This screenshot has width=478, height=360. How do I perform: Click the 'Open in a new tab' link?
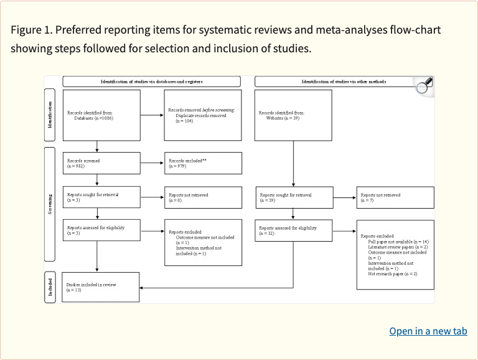point(428,331)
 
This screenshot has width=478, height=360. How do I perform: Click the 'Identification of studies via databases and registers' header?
point(152,82)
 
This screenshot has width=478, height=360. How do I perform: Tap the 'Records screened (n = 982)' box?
point(101,163)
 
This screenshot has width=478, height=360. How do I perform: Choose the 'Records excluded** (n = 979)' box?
point(202,163)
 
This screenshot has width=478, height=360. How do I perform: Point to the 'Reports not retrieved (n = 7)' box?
point(395,197)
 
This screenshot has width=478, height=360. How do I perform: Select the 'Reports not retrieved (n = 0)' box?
point(202,197)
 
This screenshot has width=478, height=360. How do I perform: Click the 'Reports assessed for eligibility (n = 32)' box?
point(293,231)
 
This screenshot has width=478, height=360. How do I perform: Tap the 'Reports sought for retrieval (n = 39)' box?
point(293,197)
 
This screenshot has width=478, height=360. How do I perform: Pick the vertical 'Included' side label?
point(50,287)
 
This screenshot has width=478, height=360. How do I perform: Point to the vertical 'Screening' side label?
point(50,203)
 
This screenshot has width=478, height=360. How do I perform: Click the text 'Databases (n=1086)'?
point(93,118)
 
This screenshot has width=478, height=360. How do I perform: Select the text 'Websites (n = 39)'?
point(283,118)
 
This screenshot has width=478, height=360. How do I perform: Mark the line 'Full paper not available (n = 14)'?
point(398,241)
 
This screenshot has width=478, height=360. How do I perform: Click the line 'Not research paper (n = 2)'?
point(392,273)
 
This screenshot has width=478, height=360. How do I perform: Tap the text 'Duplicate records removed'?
point(200,115)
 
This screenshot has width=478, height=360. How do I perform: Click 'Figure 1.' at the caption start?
point(32,31)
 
